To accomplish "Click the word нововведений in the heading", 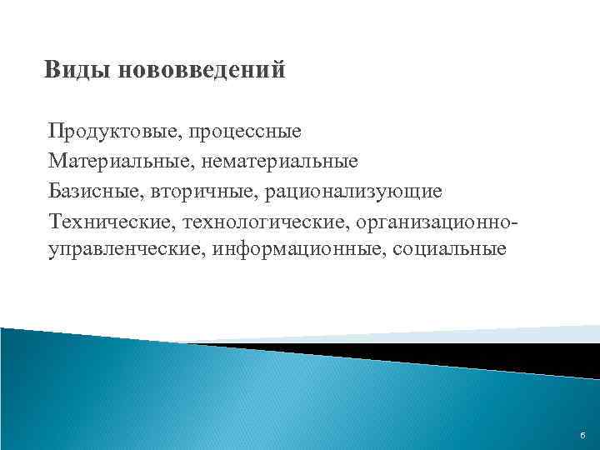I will [x=202, y=70].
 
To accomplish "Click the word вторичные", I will [x=202, y=192].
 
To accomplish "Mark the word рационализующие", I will [x=353, y=192].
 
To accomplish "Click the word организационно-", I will [x=442, y=222].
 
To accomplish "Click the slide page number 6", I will [x=581, y=437].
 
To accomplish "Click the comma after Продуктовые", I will [x=183, y=136].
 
